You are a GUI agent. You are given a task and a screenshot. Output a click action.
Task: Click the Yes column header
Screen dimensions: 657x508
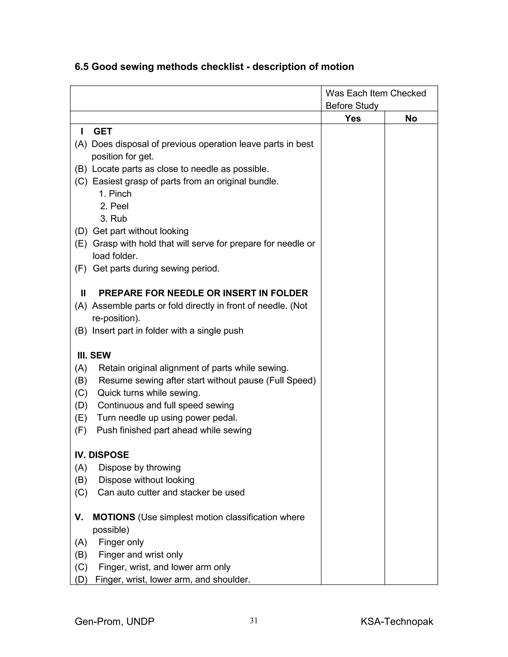[x=352, y=118]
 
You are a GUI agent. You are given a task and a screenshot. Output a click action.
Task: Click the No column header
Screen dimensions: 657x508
[x=411, y=118]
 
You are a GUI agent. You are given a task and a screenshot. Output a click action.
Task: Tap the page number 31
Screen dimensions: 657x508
[x=254, y=621]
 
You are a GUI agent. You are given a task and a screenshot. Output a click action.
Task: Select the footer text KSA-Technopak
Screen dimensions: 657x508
[x=397, y=622]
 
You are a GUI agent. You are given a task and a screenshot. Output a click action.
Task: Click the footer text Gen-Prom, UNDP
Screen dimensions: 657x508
[x=114, y=622]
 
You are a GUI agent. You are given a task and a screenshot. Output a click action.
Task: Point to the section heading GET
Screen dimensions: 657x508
[x=103, y=131]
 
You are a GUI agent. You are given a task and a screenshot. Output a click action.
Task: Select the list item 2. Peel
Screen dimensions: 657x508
[x=114, y=206]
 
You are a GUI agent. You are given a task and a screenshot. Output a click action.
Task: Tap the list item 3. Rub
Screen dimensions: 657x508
[x=114, y=219]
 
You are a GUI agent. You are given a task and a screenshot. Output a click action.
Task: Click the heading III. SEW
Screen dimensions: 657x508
[x=94, y=355]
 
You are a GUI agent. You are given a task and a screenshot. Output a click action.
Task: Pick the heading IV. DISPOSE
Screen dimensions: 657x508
[x=102, y=455]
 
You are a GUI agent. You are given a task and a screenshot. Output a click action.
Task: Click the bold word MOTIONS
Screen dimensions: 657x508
[x=114, y=517]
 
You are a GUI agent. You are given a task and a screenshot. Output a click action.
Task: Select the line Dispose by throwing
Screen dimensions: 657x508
[x=139, y=468]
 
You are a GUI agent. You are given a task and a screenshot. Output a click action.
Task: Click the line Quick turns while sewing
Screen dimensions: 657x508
[x=149, y=393]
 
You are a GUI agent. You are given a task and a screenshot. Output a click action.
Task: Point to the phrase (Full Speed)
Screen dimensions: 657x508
[x=291, y=381]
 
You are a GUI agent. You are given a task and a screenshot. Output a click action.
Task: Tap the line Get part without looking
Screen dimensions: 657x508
[x=140, y=231]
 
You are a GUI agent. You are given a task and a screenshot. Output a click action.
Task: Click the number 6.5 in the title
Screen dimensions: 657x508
[x=82, y=66]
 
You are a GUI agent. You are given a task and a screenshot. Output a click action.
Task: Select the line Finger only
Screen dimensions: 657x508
[x=121, y=542]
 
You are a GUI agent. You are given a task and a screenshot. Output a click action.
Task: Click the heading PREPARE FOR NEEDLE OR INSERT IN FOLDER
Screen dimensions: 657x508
[x=203, y=293]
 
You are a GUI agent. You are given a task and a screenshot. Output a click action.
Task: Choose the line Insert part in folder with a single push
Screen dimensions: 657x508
[x=167, y=330]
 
